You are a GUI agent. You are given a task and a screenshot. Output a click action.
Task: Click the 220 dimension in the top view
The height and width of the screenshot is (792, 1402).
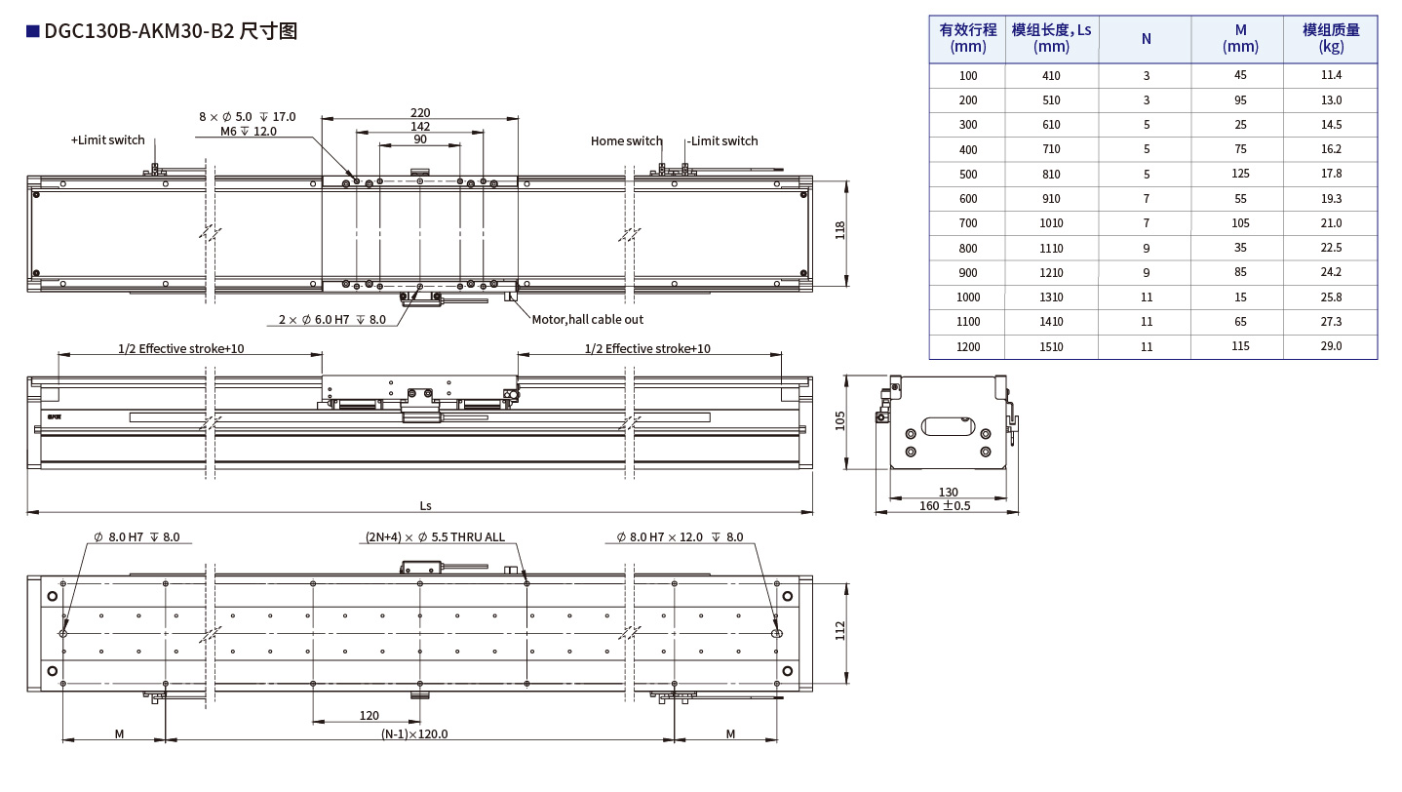[x=420, y=112]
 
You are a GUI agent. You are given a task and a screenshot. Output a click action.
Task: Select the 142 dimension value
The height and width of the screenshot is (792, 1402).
[x=420, y=126]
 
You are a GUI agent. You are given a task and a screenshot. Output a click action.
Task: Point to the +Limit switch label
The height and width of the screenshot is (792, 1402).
[x=107, y=140]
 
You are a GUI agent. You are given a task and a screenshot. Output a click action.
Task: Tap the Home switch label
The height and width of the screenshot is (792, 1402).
[x=626, y=140]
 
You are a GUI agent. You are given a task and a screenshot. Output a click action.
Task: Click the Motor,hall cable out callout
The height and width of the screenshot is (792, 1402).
[x=587, y=319]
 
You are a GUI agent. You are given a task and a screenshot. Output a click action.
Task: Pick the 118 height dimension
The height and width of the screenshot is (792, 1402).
[x=840, y=231]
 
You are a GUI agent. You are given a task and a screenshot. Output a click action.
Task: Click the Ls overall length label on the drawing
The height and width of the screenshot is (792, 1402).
[x=425, y=505]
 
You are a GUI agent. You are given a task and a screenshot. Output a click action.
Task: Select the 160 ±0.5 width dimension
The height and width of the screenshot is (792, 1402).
[x=945, y=505]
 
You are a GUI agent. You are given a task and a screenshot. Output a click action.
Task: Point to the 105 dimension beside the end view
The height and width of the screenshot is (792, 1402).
[x=839, y=420]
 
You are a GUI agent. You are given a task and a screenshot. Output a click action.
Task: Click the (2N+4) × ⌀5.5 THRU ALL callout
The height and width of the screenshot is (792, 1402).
[x=435, y=537]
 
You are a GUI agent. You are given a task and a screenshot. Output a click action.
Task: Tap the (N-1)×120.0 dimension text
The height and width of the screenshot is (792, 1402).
[x=414, y=734]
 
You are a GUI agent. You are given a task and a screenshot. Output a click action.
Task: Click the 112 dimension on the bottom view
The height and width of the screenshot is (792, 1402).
[x=840, y=632]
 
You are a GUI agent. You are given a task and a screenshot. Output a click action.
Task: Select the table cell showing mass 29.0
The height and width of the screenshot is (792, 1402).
[x=1330, y=346]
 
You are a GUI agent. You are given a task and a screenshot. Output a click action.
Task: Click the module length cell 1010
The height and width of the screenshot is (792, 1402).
[x=1051, y=223]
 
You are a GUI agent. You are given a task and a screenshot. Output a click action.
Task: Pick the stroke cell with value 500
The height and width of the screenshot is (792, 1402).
[x=967, y=174]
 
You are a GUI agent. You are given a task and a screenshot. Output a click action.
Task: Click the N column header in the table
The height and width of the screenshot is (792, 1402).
[x=1146, y=39]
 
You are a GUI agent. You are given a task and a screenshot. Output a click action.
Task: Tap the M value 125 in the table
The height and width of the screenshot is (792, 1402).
[x=1239, y=174]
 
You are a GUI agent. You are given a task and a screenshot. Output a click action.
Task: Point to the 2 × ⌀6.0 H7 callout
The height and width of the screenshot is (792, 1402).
[x=331, y=319]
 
